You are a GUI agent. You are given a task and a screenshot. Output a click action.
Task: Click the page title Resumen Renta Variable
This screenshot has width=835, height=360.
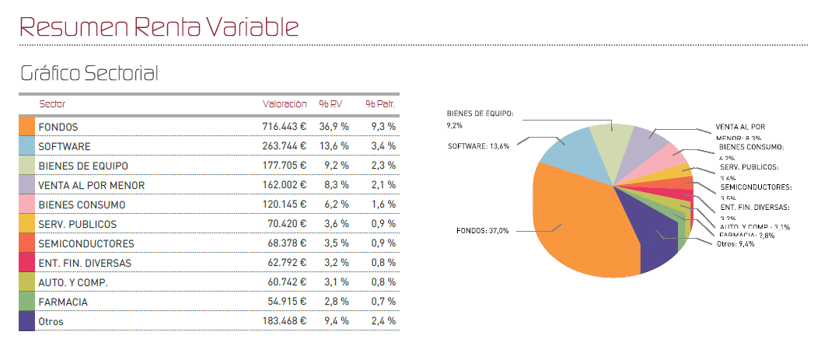coord(159,26)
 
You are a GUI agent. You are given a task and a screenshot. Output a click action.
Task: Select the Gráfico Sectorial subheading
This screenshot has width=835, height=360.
coord(89,74)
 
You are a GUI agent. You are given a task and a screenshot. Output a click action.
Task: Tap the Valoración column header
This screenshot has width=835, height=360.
coord(284,103)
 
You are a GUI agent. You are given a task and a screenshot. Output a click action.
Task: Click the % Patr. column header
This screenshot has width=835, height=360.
coord(381,103)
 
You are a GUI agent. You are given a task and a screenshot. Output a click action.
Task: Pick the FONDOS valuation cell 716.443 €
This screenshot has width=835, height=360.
coord(284,126)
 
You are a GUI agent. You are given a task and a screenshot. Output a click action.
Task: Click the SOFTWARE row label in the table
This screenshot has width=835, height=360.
coord(65,145)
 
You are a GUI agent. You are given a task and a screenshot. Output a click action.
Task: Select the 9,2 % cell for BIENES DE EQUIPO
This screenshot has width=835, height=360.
coord(334,166)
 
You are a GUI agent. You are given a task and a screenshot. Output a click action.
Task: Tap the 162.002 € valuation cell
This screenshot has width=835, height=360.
coord(284,185)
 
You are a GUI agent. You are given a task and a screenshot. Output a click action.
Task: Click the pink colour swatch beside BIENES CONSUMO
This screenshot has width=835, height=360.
coord(26,204)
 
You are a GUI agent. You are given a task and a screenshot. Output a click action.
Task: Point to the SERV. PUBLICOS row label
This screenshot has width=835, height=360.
coord(75,224)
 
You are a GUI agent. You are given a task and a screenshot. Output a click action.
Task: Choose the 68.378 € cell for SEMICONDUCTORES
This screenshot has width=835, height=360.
coord(286,243)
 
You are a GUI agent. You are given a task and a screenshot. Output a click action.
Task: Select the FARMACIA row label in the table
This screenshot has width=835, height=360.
coord(63,302)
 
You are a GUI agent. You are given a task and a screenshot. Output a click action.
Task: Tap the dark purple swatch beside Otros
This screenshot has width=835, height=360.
coord(26,320)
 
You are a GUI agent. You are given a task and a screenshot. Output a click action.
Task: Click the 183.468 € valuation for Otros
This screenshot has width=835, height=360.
coord(284,320)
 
